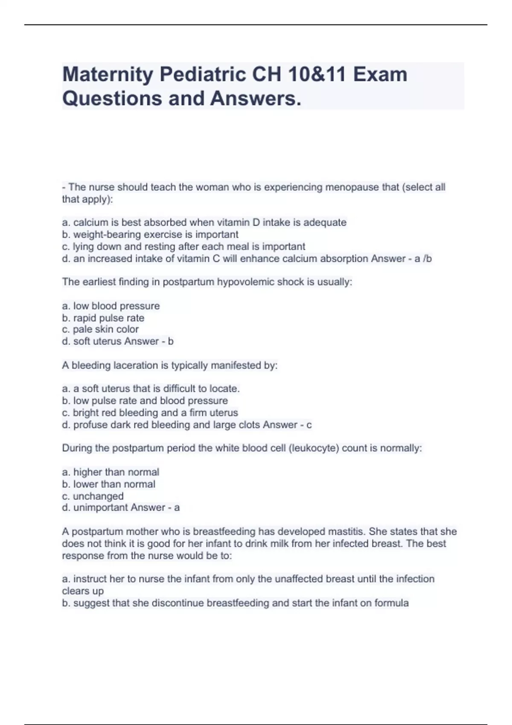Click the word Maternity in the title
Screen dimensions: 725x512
(x=108, y=75)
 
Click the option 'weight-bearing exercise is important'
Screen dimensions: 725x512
(x=150, y=235)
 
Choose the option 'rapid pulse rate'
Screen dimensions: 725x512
(x=103, y=318)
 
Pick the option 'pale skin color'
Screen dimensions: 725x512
(x=100, y=329)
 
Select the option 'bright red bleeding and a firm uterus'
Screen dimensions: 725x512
(x=150, y=413)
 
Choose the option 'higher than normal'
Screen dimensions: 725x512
(x=111, y=472)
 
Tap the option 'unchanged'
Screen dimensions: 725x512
(x=93, y=496)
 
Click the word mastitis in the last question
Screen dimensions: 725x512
(x=346, y=532)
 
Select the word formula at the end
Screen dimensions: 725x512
(x=391, y=603)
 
